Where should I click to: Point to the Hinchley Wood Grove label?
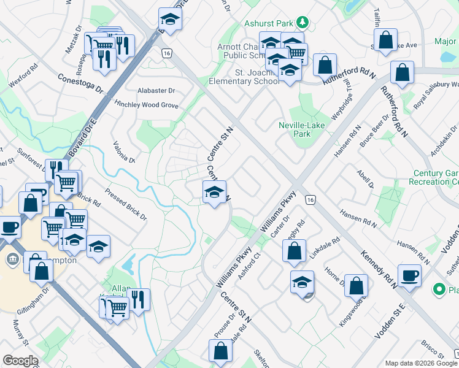pos(146,105)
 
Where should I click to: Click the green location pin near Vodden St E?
pos(439,288)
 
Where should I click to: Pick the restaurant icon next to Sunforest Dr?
pos(55,169)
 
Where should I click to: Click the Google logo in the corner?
pos(20,361)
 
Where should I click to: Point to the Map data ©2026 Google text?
pos(420,363)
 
